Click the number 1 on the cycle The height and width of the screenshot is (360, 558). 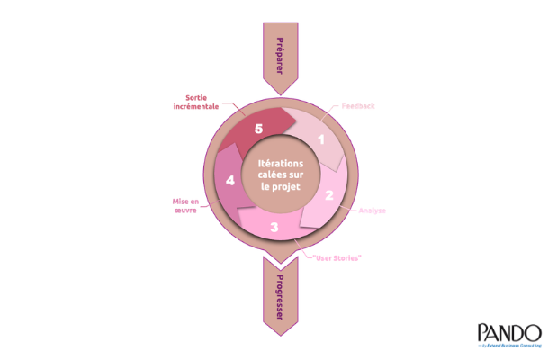click(x=320, y=139)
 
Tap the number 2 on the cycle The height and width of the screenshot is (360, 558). click(x=329, y=195)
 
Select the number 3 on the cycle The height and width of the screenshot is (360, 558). click(x=274, y=228)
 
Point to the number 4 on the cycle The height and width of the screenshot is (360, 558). click(x=231, y=181)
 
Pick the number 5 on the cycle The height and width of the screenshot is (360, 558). click(x=259, y=129)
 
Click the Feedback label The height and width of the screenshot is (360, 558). click(x=358, y=106)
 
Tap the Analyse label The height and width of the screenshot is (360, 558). click(x=372, y=211)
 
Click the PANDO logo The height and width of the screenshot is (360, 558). click(x=509, y=331)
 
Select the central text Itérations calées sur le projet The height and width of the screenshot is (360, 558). click(x=279, y=175)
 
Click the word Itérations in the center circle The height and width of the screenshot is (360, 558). click(x=279, y=163)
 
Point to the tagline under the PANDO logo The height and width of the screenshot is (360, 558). click(x=509, y=345)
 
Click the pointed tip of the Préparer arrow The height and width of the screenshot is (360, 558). click(x=279, y=94)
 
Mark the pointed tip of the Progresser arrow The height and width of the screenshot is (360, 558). click(x=279, y=336)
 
